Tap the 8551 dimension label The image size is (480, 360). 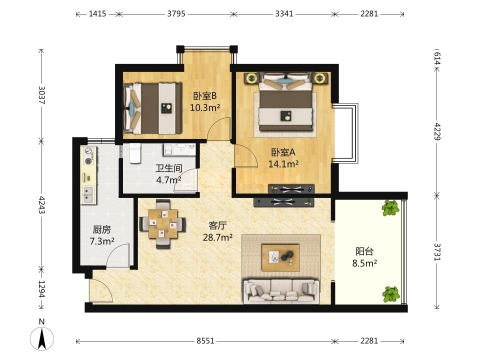pos(205,340)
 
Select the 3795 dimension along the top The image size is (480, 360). pos(176,13)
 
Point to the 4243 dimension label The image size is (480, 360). pos(41,205)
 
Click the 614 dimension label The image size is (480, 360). pos(437,58)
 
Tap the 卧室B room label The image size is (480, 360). pos(205,96)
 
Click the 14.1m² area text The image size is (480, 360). pos(283,164)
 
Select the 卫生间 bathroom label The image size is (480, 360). pos(168,168)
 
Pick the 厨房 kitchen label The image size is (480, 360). pos(101,229)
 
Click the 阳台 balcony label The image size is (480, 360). pos(364,251)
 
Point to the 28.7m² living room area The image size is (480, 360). pos(217,237)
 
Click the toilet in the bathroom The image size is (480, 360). pos(134,153)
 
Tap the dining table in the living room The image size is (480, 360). pos(162,224)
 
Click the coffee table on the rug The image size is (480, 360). pos(280,257)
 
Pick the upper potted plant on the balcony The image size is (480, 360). pos(390,208)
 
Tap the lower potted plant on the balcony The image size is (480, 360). pos(391,294)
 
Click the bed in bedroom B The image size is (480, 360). pos(152,108)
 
